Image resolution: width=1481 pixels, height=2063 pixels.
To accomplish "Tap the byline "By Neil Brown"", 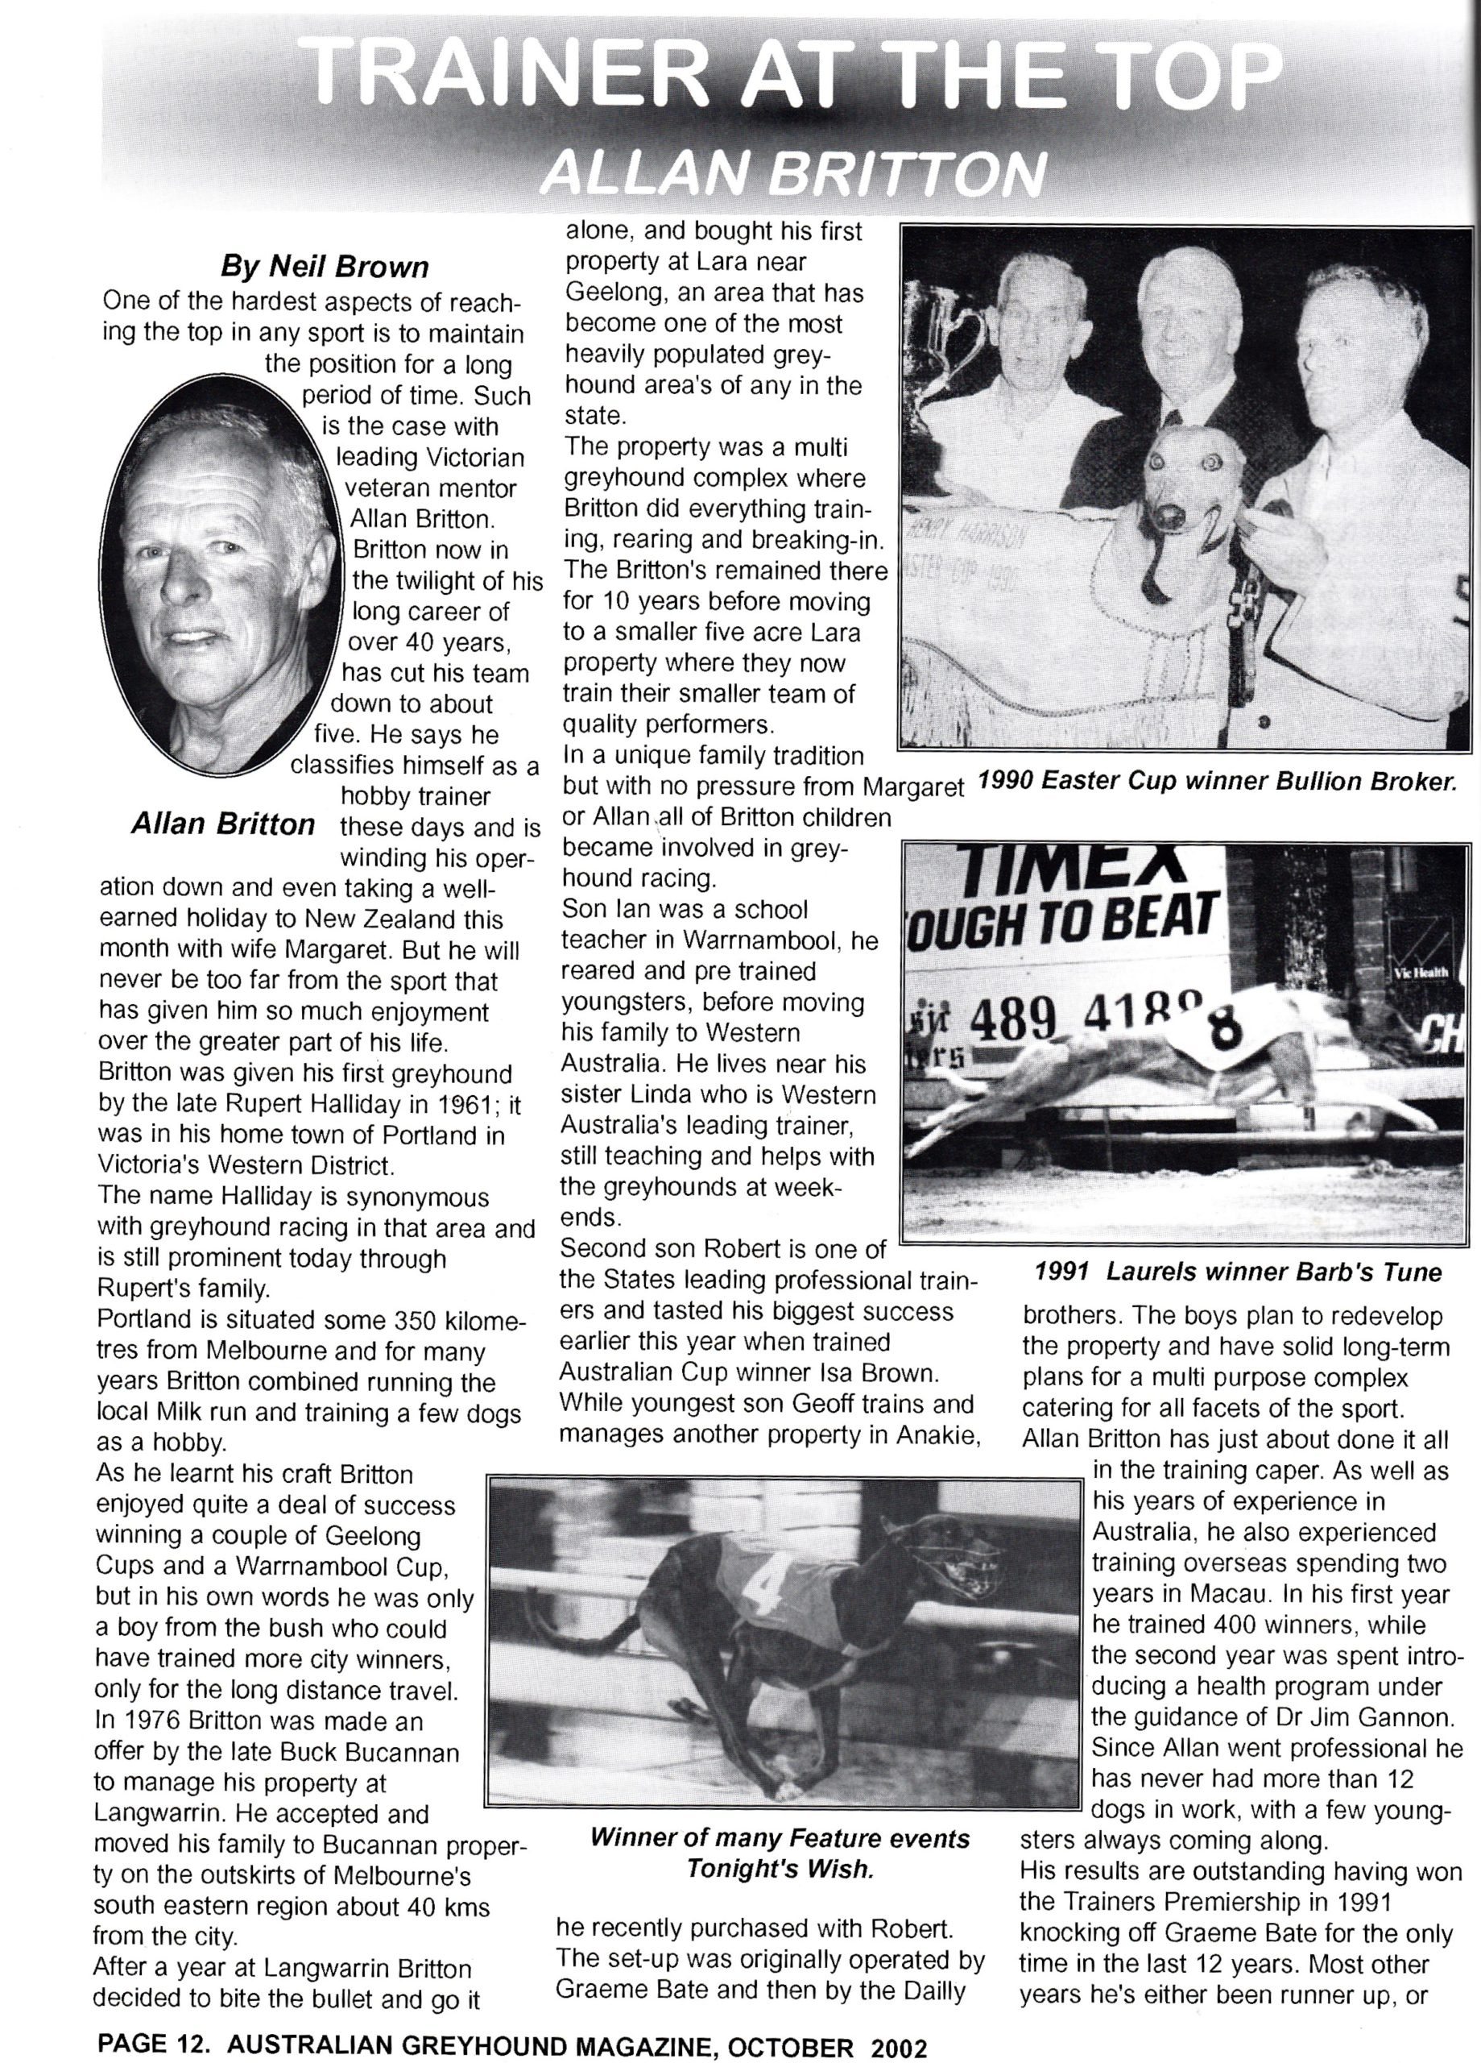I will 325,267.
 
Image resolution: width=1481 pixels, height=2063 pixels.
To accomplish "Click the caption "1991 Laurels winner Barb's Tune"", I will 1237,1272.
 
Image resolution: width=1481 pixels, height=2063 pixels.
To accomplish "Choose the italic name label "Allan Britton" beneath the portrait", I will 223,824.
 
